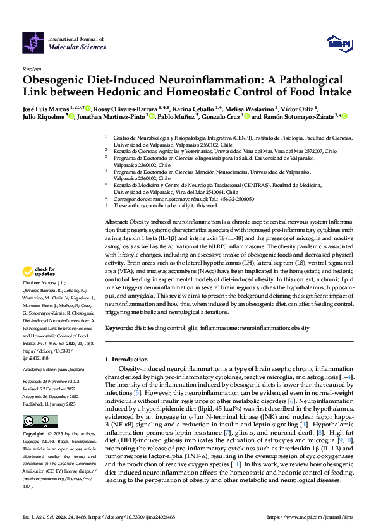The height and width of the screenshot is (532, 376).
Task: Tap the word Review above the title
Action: pos(31,69)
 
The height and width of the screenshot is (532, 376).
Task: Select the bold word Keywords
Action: pos(118,328)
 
